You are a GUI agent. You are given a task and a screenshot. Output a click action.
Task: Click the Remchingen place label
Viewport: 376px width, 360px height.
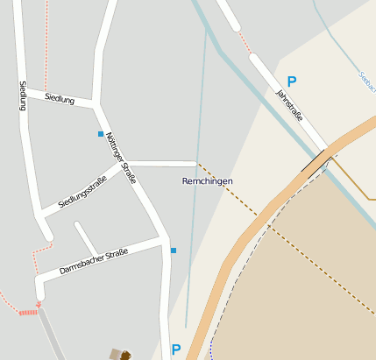(207, 180)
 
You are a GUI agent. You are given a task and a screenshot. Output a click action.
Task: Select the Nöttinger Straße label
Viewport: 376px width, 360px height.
(120, 158)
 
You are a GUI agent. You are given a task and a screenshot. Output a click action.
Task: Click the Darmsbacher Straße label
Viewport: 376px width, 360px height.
(94, 261)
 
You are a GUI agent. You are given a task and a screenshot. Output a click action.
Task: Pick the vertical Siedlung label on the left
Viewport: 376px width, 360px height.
(24, 96)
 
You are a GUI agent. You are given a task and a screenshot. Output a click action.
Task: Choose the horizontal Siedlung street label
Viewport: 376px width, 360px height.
(60, 100)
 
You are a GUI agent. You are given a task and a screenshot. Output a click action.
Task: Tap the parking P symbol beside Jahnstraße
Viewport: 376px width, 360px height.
(292, 81)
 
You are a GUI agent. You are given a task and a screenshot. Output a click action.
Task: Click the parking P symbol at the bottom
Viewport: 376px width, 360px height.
(176, 349)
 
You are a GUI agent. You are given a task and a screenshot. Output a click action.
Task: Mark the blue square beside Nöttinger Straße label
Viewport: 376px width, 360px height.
(101, 134)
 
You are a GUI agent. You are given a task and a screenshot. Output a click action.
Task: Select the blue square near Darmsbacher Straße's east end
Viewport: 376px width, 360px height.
(174, 251)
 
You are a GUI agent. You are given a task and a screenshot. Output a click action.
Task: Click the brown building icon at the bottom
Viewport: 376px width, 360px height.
(121, 355)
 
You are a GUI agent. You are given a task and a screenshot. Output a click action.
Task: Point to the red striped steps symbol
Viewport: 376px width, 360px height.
(29, 311)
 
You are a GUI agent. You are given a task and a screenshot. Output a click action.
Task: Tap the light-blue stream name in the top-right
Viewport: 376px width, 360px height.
(366, 82)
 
